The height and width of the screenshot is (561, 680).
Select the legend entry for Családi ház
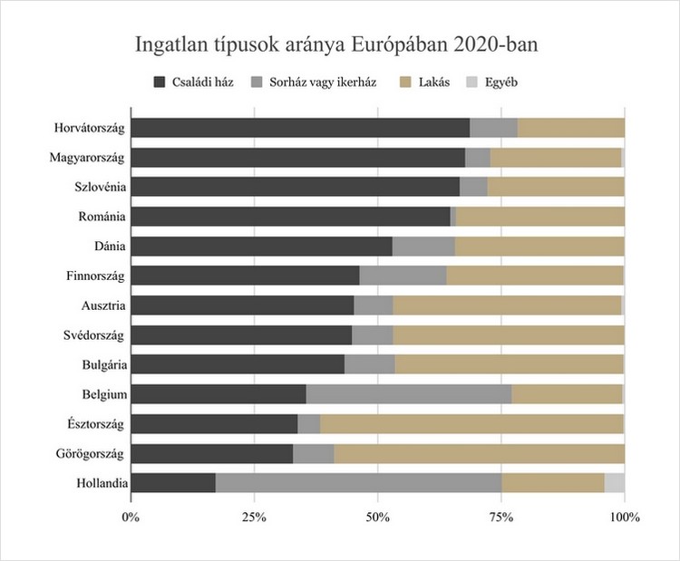(x=193, y=82)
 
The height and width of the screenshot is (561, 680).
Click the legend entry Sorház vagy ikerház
(x=313, y=82)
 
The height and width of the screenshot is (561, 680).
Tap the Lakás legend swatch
(x=408, y=82)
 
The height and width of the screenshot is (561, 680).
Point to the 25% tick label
(x=254, y=518)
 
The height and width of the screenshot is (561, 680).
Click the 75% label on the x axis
(x=500, y=518)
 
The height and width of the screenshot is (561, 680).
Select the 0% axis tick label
(x=131, y=518)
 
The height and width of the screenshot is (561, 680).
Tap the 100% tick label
(x=624, y=518)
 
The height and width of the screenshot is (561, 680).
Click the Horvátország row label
(x=89, y=128)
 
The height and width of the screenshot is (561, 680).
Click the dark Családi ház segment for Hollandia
(x=173, y=483)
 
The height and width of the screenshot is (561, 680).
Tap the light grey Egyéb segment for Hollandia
(x=614, y=483)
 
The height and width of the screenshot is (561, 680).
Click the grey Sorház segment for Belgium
(x=409, y=394)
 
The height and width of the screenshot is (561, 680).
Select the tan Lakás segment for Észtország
(x=471, y=424)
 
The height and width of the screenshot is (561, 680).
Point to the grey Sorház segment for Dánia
(x=423, y=247)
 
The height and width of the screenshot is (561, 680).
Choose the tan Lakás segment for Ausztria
(x=507, y=305)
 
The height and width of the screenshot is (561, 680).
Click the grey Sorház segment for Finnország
(x=403, y=276)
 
